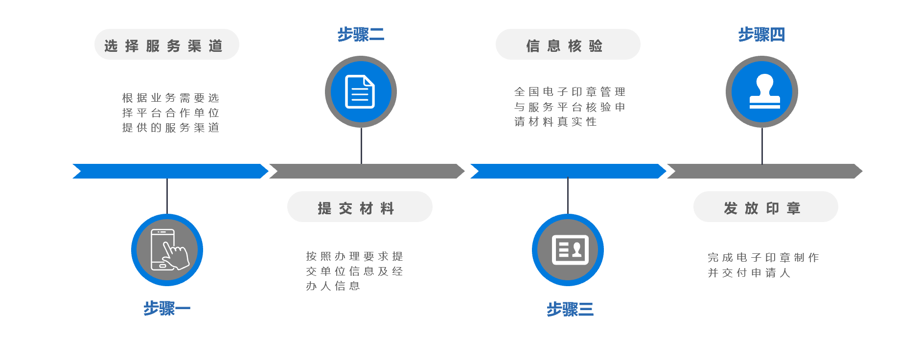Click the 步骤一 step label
167,309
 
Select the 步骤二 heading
361,35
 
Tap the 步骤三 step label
570,309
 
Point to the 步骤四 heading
761,35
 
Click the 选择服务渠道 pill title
164,46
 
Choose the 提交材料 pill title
356,208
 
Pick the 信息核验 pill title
565,46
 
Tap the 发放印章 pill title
762,208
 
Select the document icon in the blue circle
360,91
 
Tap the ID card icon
570,250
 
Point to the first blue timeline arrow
170,171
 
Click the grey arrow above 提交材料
367,171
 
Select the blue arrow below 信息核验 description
568,171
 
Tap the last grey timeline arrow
764,171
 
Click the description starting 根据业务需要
170,113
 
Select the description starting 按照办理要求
354,271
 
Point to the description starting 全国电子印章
570,107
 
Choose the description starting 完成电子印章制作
763,265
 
